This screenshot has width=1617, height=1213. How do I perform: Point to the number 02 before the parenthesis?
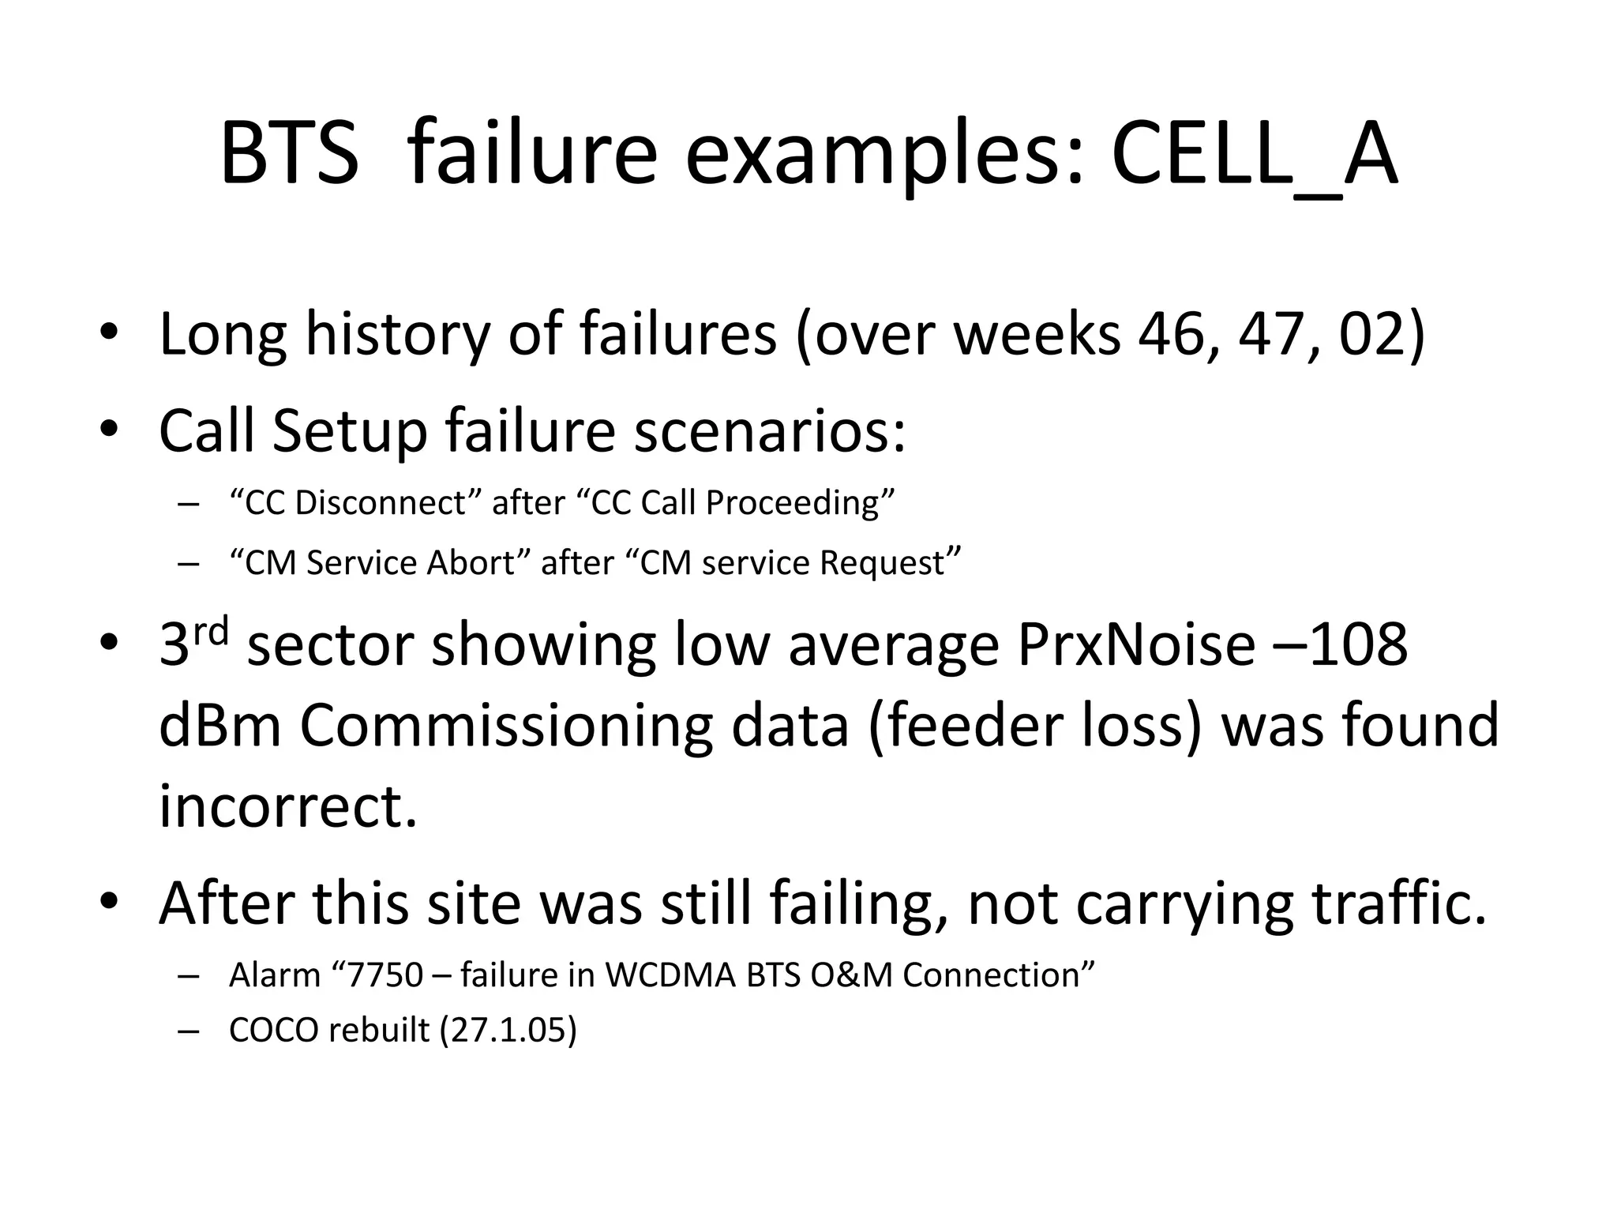1372,334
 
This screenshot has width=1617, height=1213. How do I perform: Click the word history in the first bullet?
397,334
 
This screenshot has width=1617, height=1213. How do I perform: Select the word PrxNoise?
1135,644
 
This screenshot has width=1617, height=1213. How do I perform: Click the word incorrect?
287,806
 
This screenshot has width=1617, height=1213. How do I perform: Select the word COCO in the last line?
273,1031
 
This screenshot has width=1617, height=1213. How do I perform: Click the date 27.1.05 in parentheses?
508,1031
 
